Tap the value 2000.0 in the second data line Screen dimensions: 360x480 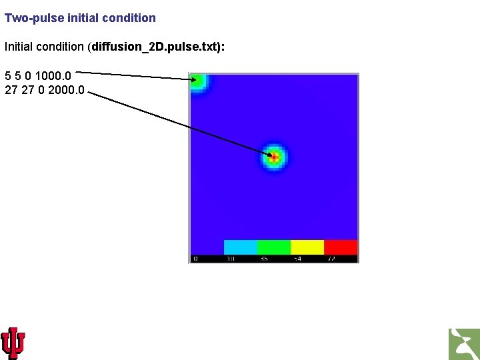click(x=67, y=89)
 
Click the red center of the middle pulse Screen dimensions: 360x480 click(x=273, y=157)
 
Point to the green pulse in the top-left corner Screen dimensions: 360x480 click(x=197, y=82)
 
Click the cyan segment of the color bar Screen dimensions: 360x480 click(x=241, y=247)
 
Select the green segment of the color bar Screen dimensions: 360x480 click(x=274, y=247)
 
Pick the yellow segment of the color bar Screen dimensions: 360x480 click(x=307, y=247)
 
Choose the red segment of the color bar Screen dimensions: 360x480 click(x=341, y=247)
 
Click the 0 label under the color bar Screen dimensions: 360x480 click(x=195, y=259)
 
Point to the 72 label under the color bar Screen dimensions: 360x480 click(x=331, y=259)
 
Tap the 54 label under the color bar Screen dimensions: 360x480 click(x=297, y=259)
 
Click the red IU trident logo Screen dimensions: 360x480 click(x=13, y=343)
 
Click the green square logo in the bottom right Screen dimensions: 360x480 click(x=464, y=344)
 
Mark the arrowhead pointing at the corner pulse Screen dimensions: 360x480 click(x=193, y=79)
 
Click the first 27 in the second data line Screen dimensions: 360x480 click(x=11, y=89)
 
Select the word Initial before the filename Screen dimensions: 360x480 click(x=21, y=47)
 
